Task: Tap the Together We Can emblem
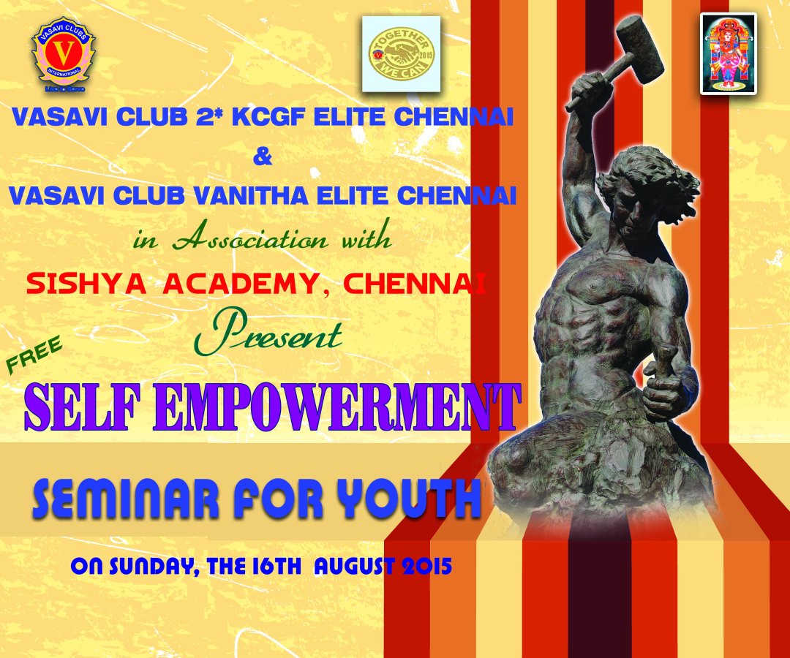[401, 54]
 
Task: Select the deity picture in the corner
[729, 53]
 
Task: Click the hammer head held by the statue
[640, 49]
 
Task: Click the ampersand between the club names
[262, 156]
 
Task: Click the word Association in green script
[250, 240]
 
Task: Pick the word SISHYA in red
[86, 284]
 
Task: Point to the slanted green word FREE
[35, 355]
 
